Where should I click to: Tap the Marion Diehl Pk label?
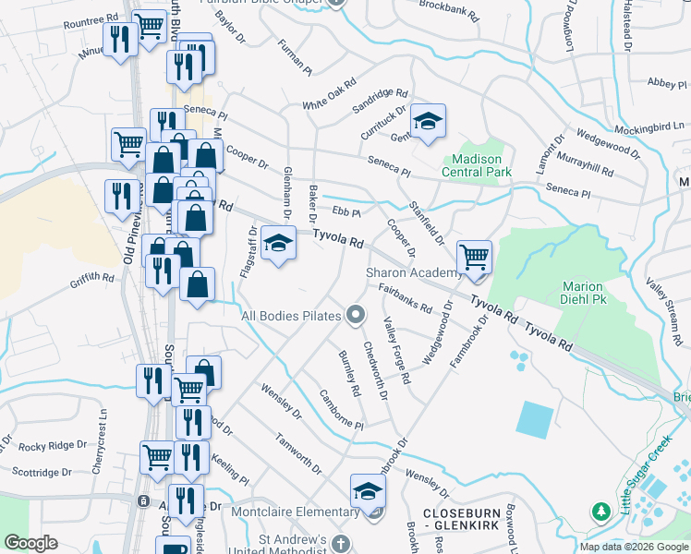(582, 294)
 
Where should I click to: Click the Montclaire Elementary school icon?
(368, 490)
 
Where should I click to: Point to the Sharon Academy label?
(413, 272)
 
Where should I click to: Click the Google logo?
(31, 543)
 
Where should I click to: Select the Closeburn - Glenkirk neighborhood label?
(460, 518)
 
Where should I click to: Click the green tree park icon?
(601, 510)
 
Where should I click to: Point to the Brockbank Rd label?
(449, 11)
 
